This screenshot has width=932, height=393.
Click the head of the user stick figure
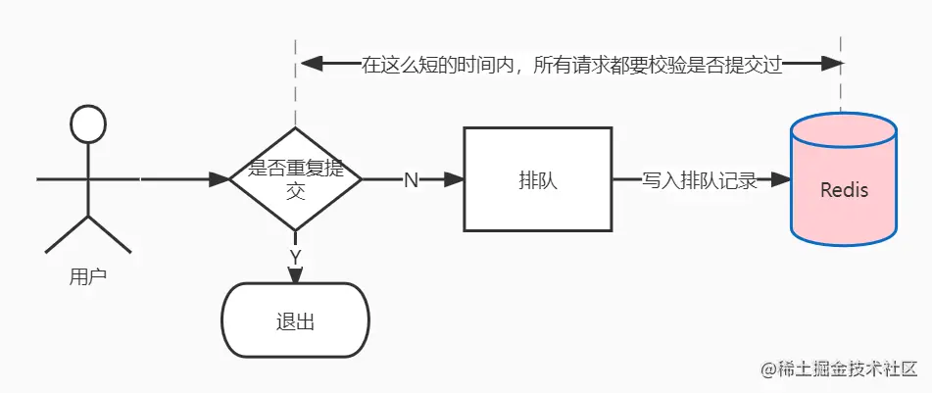tap(87, 124)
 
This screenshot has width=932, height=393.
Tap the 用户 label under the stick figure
tap(87, 276)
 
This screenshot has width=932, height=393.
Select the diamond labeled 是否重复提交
tap(295, 179)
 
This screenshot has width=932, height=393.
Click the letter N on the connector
tap(411, 180)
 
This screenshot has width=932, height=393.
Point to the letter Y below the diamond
tap(295, 257)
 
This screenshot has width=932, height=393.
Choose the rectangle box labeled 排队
tap(538, 180)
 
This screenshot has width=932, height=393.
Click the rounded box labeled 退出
tap(295, 321)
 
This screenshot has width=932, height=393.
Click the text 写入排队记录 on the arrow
tap(700, 180)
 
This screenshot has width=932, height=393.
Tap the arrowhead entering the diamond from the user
tap(219, 180)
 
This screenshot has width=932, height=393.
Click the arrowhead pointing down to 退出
tap(295, 275)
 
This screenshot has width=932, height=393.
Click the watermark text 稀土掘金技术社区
tap(847, 369)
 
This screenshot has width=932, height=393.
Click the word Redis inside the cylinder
tap(844, 188)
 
